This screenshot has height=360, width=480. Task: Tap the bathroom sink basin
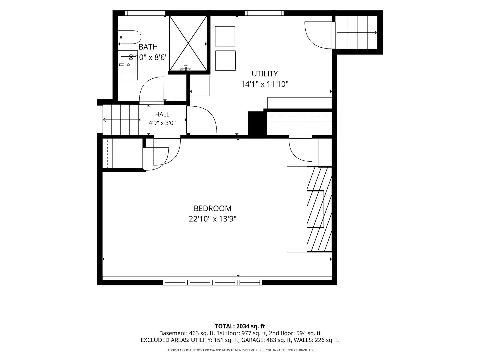[x=128, y=65]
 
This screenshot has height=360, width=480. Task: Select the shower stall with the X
[x=188, y=43]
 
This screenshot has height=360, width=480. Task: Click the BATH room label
[x=148, y=47]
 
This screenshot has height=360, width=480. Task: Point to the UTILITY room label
[x=265, y=74]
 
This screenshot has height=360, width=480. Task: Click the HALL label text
[x=162, y=114]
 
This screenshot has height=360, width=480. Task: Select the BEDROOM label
[x=213, y=209]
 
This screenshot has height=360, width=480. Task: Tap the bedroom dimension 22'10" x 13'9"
[x=213, y=219]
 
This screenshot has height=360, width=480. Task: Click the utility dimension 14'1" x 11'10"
[x=265, y=84]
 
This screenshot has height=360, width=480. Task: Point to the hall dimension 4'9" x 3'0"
[x=162, y=123]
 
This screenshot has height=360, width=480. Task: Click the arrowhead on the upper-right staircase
[x=375, y=33]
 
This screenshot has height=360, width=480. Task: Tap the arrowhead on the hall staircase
[x=104, y=120]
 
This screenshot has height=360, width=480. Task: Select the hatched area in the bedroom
[x=319, y=209]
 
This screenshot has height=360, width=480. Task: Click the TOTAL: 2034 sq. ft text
[x=240, y=326]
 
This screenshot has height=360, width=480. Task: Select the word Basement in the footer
[x=173, y=333]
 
